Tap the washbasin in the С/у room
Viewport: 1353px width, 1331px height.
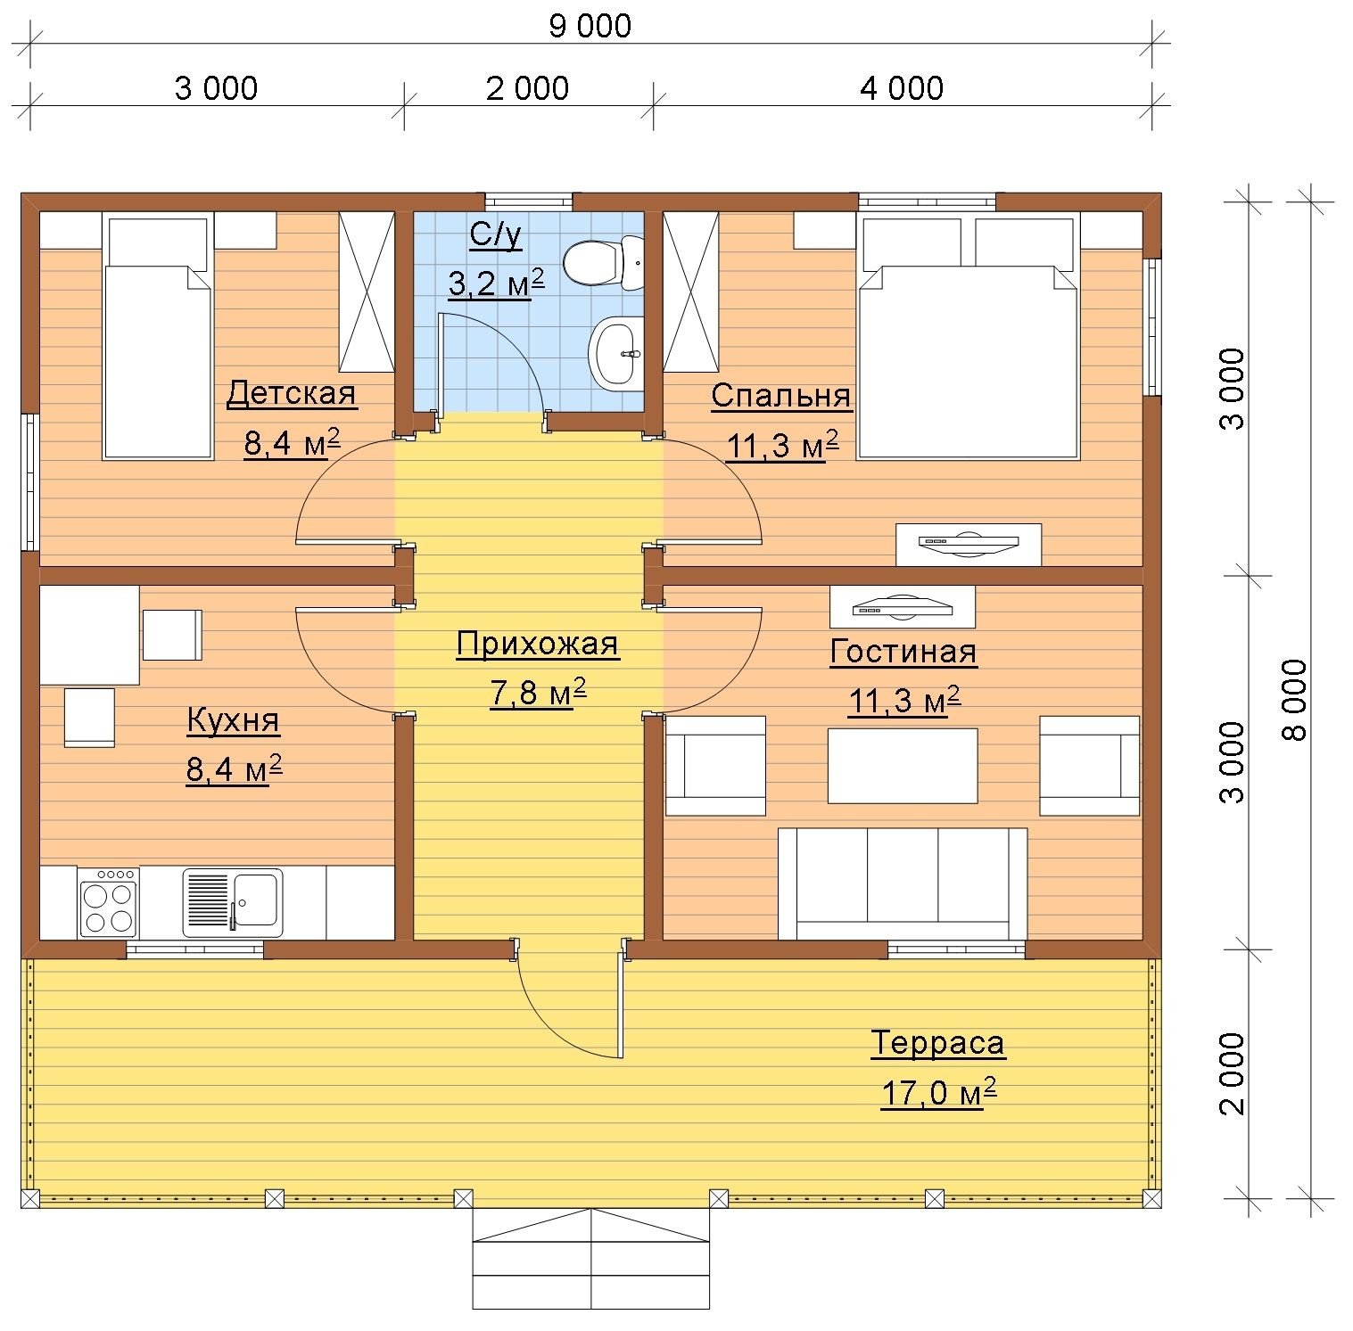click(x=615, y=353)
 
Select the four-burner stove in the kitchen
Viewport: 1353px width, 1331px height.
click(x=110, y=902)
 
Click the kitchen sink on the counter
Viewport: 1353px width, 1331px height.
click(x=233, y=902)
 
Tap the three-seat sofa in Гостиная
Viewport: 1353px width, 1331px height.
click(x=903, y=883)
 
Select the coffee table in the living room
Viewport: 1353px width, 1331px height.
click(x=903, y=766)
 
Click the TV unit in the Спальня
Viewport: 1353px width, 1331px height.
click(x=969, y=544)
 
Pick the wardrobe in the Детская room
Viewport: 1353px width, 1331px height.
click(x=367, y=292)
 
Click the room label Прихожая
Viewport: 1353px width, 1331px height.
click(x=537, y=644)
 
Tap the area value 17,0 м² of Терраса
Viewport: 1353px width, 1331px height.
click(x=938, y=1092)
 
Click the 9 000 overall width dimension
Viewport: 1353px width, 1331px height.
click(x=590, y=26)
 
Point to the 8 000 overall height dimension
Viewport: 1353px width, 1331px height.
click(x=1296, y=700)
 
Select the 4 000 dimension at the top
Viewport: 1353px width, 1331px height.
click(x=902, y=88)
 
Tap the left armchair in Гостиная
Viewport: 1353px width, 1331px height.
click(x=715, y=766)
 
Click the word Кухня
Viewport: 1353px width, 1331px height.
click(x=233, y=720)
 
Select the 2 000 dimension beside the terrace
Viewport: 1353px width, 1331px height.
click(x=1233, y=1074)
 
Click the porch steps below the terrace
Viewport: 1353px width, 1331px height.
click(x=590, y=1259)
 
